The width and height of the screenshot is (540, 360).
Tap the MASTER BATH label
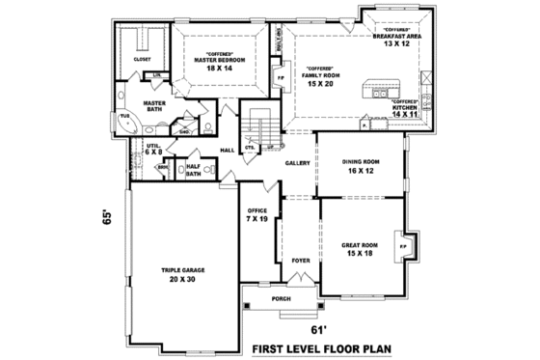pyautogui.click(x=151, y=106)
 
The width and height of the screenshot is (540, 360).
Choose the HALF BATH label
pyautogui.click(x=194, y=169)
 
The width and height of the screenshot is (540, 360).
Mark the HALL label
pyautogui.click(x=228, y=151)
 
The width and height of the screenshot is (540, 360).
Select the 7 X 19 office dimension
pyautogui.click(x=255, y=219)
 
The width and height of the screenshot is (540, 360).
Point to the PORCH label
pyautogui.click(x=281, y=298)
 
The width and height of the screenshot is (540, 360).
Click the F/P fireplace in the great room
pyautogui.click(x=402, y=247)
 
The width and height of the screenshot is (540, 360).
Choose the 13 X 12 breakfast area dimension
pyautogui.click(x=397, y=43)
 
